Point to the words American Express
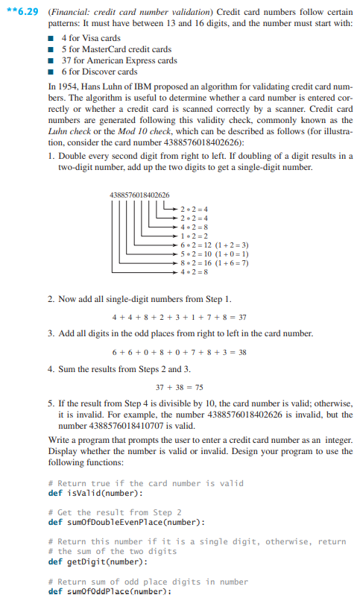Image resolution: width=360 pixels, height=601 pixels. click(x=119, y=60)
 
